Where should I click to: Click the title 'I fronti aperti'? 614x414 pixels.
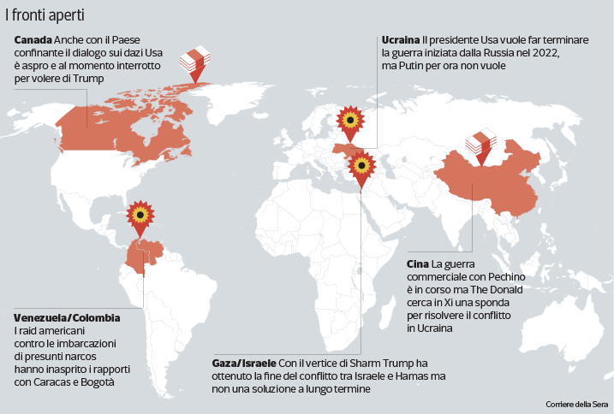point(45,15)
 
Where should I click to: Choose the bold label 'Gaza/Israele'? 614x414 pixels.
point(243,364)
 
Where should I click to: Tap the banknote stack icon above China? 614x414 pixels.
point(482,141)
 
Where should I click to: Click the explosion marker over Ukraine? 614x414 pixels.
point(349,121)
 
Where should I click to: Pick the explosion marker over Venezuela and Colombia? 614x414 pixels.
point(140,214)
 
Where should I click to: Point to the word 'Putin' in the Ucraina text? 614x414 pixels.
point(414,66)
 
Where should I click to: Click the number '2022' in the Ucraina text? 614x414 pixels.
point(546,53)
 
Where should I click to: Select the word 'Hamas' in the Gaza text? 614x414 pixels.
point(424,376)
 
